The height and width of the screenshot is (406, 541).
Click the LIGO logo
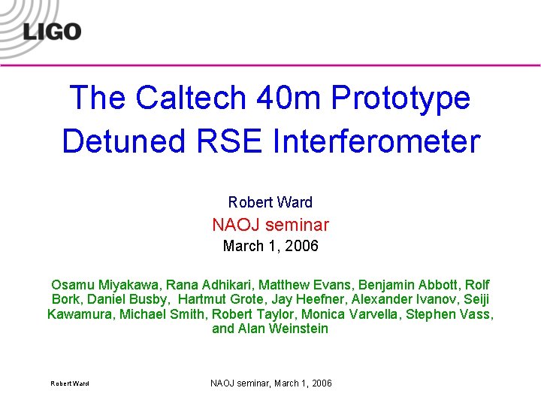coord(52,31)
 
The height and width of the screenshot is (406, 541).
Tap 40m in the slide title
coord(286,98)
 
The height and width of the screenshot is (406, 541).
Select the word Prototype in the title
coord(402,98)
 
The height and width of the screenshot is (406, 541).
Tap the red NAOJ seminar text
coord(270,225)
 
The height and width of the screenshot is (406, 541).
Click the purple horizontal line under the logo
coord(270,66)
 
